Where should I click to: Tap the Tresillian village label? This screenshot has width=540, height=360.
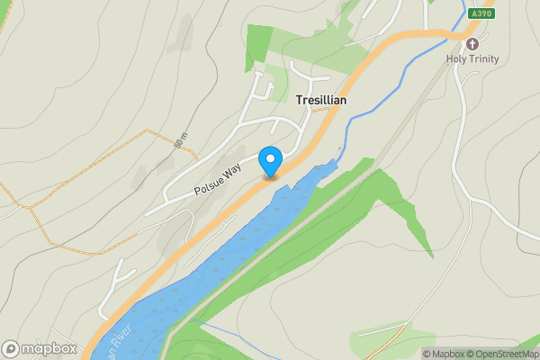coord(321,102)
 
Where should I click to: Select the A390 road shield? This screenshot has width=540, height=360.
coord(481,13)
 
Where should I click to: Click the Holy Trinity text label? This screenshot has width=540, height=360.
coord(472,59)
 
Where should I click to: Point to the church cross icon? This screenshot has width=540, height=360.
coord(472,43)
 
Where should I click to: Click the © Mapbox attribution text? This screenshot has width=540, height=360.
coord(445,354)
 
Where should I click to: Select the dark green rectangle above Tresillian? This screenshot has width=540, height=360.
coord(258,47)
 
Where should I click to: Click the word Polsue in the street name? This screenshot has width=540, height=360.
coord(206,186)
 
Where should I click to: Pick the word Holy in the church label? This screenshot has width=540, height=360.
coord(456,59)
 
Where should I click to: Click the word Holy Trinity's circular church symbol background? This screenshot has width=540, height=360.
coord(472,43)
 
